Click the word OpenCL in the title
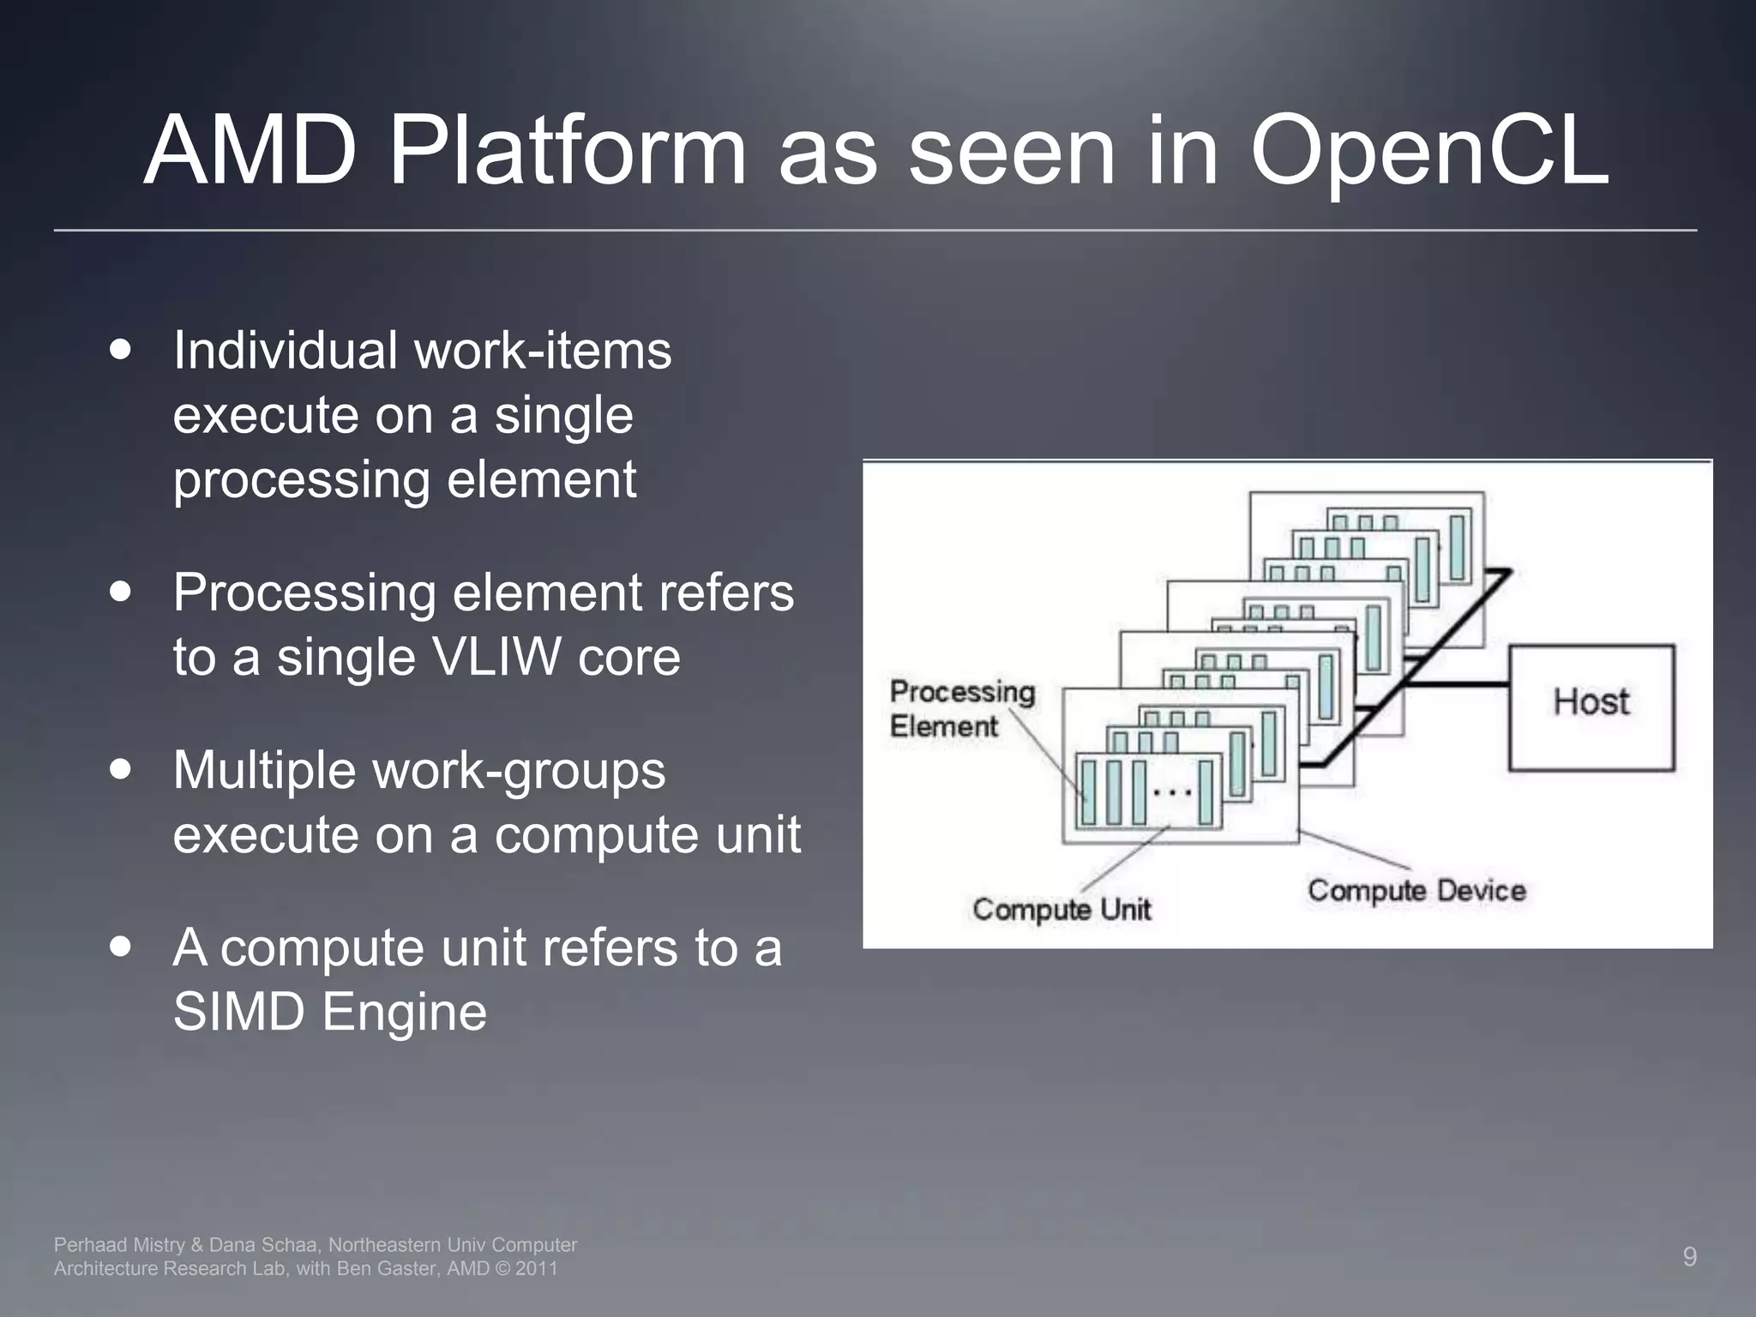(1429, 152)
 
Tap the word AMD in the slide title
(250, 152)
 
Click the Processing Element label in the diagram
(961, 709)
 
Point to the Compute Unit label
(1061, 909)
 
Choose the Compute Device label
(1416, 891)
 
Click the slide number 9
(1689, 1257)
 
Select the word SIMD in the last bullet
(238, 1012)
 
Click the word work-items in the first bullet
(543, 351)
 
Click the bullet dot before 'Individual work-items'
(121, 351)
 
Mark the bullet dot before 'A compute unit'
(121, 947)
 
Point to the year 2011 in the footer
(536, 1269)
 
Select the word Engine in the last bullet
(404, 1012)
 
